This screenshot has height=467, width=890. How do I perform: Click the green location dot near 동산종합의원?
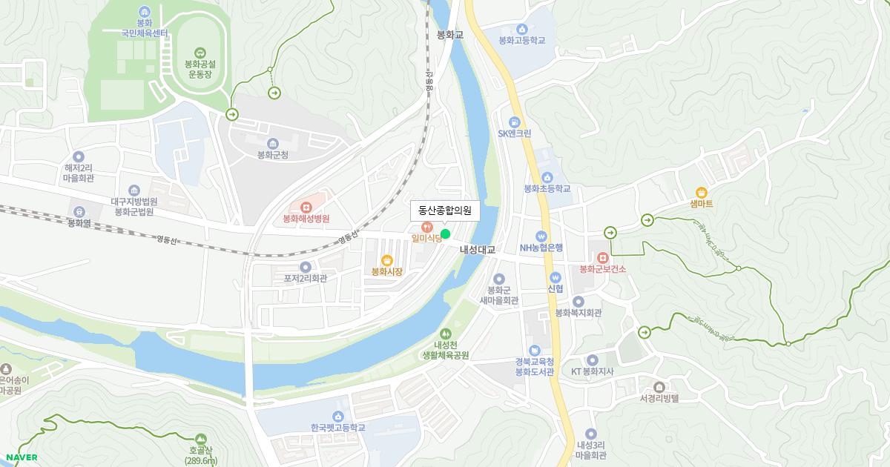pyautogui.click(x=445, y=234)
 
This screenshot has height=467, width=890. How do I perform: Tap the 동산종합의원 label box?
pyautogui.click(x=445, y=211)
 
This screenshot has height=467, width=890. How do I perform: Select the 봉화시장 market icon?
pyautogui.click(x=386, y=259)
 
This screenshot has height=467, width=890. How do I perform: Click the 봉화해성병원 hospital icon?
pyautogui.click(x=306, y=206)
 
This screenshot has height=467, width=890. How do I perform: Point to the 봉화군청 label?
pyautogui.click(x=272, y=155)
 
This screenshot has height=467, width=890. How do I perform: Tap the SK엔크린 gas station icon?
pyautogui.click(x=514, y=122)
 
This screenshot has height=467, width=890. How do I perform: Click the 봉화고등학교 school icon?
pyautogui.click(x=522, y=29)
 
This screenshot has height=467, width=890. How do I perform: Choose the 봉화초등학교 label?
pyautogui.click(x=547, y=189)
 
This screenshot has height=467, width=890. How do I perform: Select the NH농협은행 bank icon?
pyautogui.click(x=541, y=236)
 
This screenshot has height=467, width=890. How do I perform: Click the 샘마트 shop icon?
pyautogui.click(x=701, y=191)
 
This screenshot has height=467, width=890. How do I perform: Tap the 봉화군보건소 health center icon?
pyautogui.click(x=602, y=256)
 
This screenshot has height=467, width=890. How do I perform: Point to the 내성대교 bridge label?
pyautogui.click(x=477, y=250)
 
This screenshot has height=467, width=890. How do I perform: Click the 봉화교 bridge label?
pyautogui.click(x=450, y=35)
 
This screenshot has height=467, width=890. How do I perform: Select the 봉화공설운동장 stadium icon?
pyautogui.click(x=200, y=52)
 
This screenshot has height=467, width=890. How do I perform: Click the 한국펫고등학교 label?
pyautogui.click(x=338, y=428)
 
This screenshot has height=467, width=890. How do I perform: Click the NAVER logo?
pyautogui.click(x=21, y=457)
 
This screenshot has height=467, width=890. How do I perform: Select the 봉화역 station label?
pyautogui.click(x=79, y=222)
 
